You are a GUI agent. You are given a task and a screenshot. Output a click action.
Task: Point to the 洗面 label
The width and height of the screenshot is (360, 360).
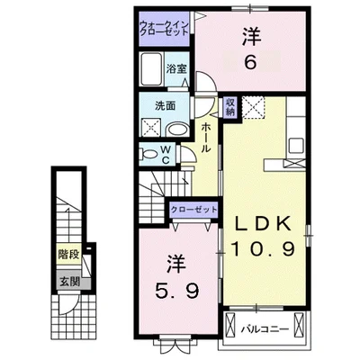coord(154,105)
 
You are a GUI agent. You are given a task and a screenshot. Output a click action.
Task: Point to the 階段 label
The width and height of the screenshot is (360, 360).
coord(67,255)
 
